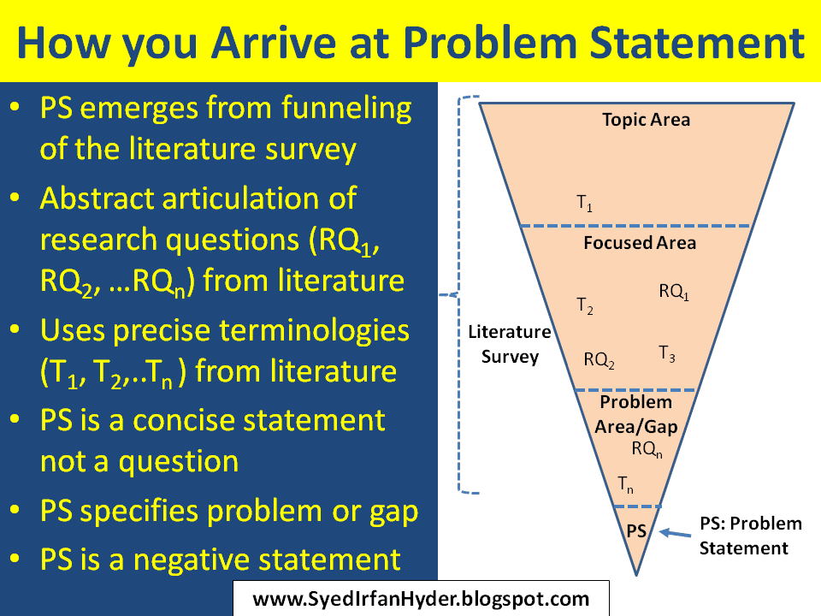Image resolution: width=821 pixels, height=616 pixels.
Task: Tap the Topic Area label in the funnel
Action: [646, 119]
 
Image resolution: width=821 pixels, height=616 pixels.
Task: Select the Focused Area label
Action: [640, 242]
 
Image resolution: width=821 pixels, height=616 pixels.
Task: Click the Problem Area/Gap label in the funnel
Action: [635, 412]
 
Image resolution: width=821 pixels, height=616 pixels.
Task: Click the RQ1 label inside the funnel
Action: [674, 291]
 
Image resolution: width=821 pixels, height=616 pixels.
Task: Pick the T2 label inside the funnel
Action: [585, 305]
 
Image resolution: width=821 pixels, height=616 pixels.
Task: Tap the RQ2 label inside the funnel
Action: [599, 359]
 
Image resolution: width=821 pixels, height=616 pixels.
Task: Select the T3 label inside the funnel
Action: [667, 352]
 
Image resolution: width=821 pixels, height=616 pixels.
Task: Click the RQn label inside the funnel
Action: [647, 448]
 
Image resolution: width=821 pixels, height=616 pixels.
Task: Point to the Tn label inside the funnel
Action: [626, 483]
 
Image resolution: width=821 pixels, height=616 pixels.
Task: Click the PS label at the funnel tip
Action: [636, 530]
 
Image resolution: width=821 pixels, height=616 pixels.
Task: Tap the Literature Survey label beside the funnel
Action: [510, 344]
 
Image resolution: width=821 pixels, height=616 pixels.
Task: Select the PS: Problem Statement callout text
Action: [750, 536]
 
